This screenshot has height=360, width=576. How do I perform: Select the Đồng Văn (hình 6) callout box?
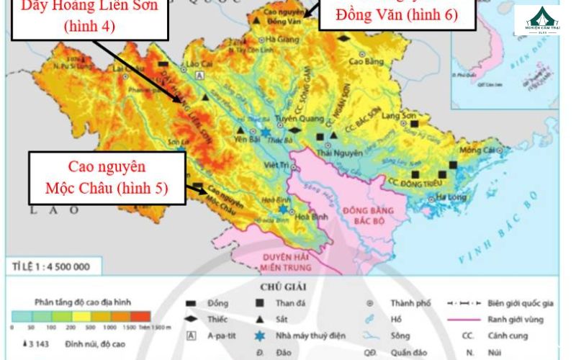tap(397, 14)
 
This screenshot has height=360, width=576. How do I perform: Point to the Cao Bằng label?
tap(364, 62)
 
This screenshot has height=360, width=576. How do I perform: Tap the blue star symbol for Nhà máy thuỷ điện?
tap(259, 336)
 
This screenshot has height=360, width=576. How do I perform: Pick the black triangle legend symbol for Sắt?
tap(259, 319)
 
